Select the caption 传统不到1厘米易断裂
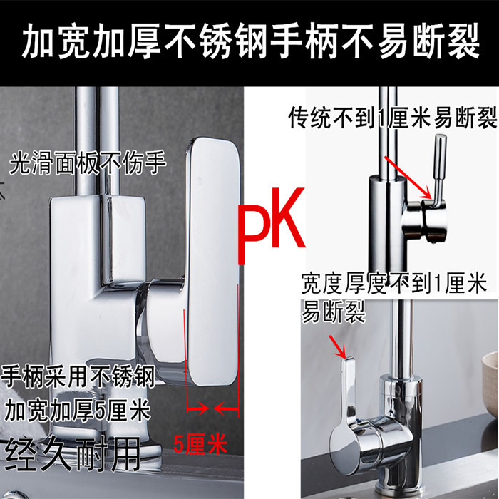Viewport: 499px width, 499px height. pyautogui.click(x=391, y=117)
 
